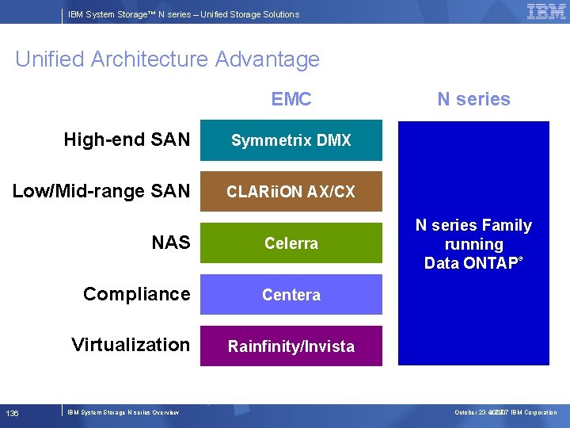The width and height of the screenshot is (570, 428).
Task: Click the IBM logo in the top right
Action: click(x=546, y=12)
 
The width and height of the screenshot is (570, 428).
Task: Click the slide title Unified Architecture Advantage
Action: click(x=167, y=59)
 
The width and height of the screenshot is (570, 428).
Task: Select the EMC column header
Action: click(x=291, y=99)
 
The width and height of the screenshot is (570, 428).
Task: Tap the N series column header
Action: click(x=473, y=99)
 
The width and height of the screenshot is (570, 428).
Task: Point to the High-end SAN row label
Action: click(x=127, y=140)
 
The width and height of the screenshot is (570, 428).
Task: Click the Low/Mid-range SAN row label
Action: click(x=101, y=191)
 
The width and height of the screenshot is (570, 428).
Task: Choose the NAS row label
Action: click(x=171, y=243)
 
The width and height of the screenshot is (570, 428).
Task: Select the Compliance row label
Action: click(x=136, y=294)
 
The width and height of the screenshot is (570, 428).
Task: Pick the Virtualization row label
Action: click(x=131, y=345)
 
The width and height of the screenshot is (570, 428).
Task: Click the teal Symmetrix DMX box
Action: click(x=291, y=140)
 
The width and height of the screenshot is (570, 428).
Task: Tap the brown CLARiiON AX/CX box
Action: click(x=291, y=192)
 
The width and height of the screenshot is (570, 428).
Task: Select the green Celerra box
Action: click(x=291, y=243)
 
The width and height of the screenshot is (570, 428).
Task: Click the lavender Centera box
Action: click(x=291, y=295)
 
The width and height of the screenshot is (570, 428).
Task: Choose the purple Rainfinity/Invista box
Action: click(x=291, y=346)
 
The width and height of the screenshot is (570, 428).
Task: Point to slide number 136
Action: click(x=13, y=413)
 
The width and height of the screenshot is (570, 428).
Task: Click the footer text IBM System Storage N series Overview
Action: click(x=123, y=412)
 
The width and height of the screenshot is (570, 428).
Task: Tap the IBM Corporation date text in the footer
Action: click(x=505, y=412)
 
